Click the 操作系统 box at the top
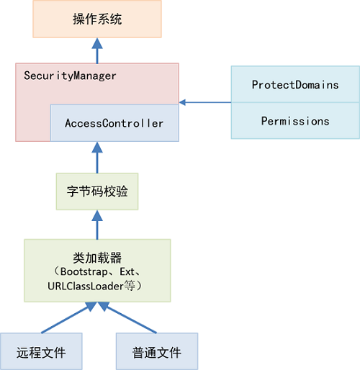pos(98,19)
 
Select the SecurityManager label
pos(71,76)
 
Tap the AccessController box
pos(114,123)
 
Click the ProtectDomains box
pos(295,85)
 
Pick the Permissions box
pos(295,121)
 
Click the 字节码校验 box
pos(97,192)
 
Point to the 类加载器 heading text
pos(97,258)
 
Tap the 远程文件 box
pos(41,352)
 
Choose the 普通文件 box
pos(156,352)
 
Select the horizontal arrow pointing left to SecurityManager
pos(204,103)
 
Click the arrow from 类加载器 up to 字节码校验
pos(97,225)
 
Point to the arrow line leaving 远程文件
pos(65,319)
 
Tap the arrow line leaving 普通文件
pos(130,319)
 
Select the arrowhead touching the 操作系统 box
pos(97,42)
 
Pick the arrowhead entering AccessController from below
pos(97,147)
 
